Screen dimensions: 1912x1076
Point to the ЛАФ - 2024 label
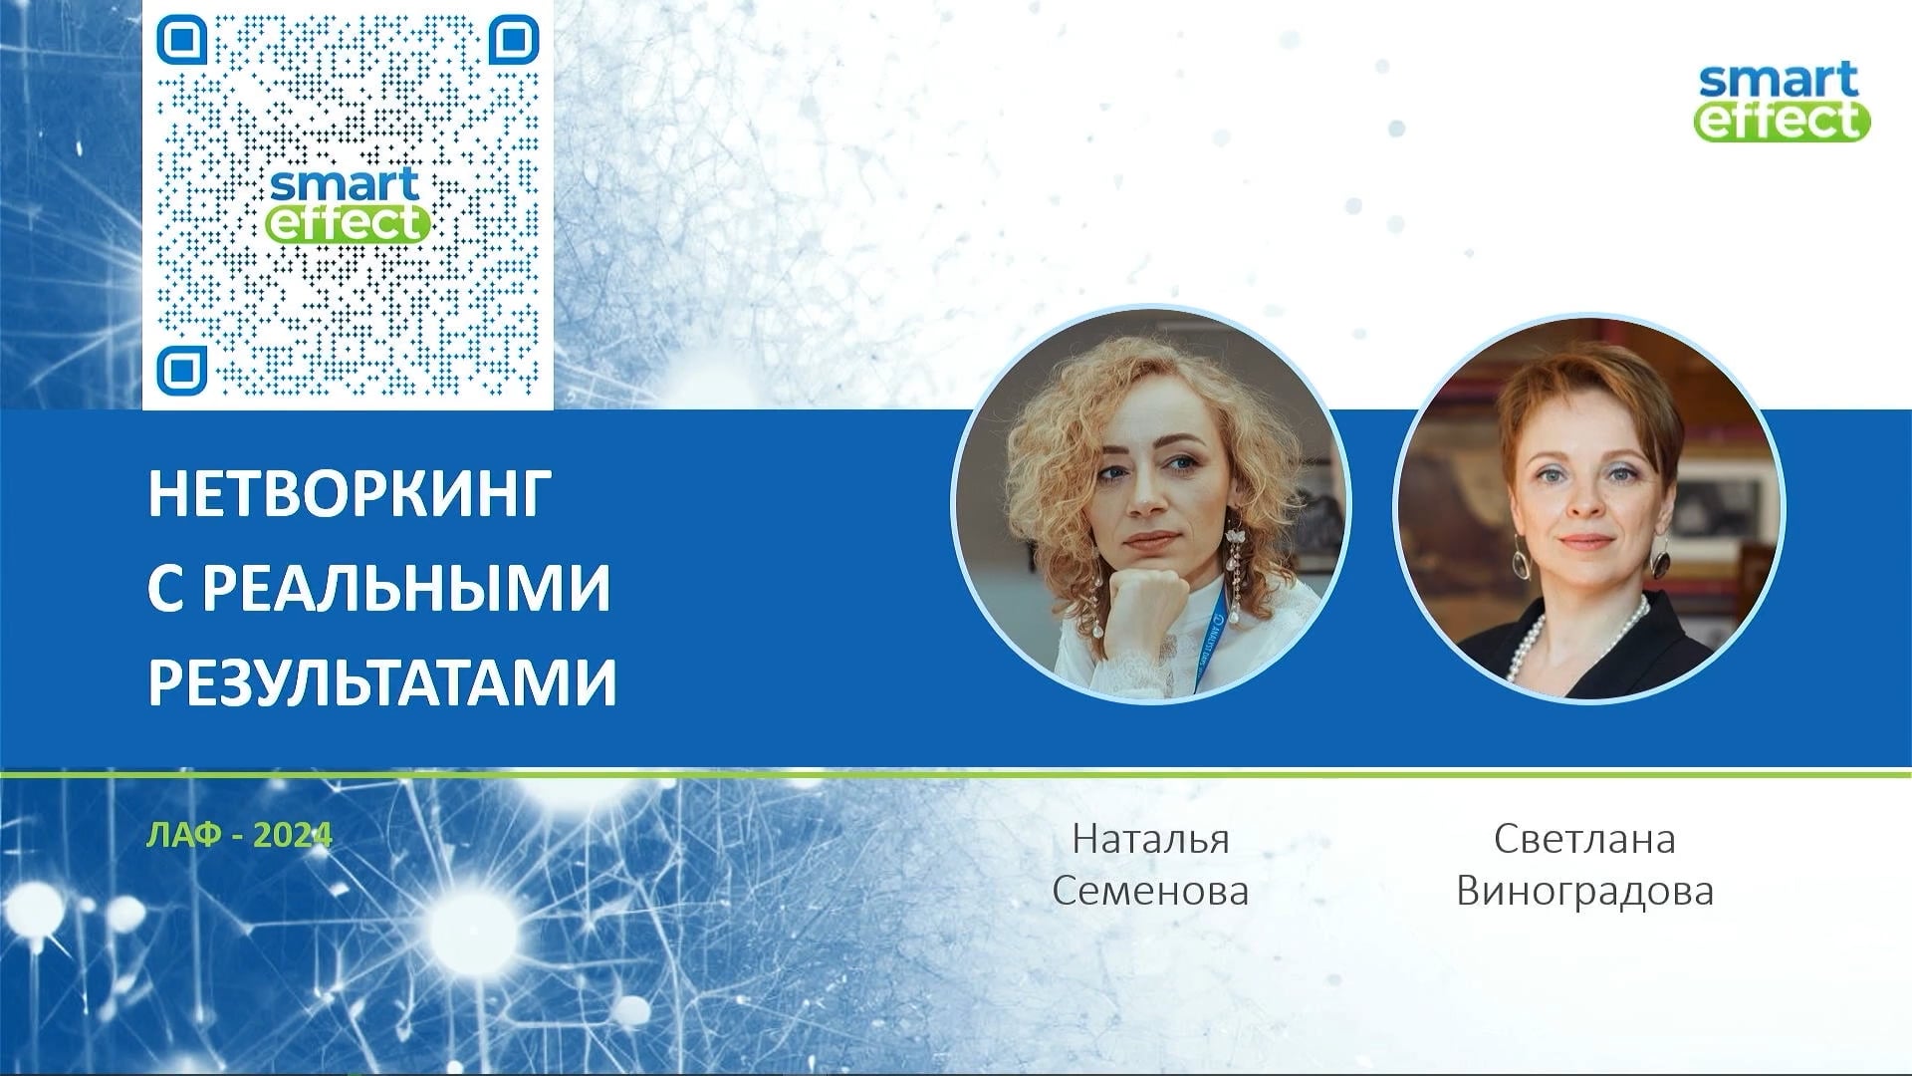[x=239, y=835]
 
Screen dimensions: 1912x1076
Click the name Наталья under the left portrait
[x=1150, y=839]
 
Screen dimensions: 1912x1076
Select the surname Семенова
[x=1150, y=890]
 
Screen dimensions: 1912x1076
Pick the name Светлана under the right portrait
[x=1584, y=839]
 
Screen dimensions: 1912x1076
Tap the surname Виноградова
[x=1584, y=890]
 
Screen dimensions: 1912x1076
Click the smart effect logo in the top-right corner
[x=1784, y=101]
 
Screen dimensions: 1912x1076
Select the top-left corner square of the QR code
[x=181, y=40]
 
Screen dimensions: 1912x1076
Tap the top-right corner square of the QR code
[x=514, y=40]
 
